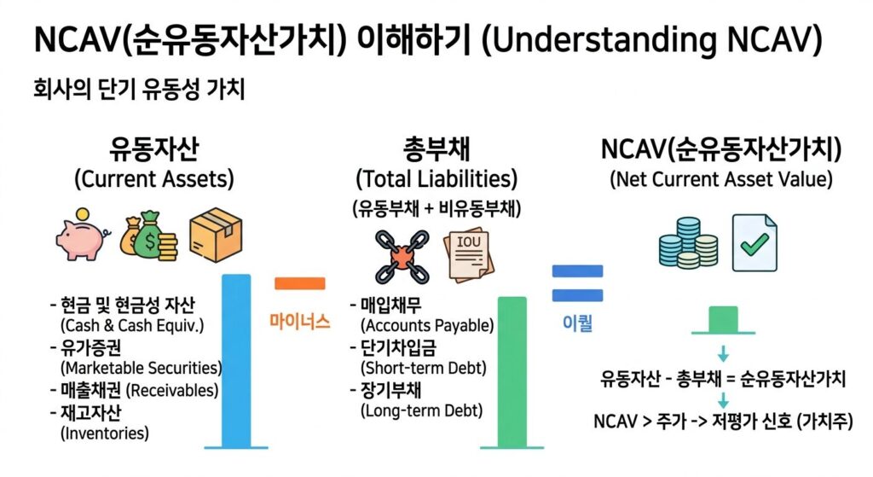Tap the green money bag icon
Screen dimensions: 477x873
pos(147,232)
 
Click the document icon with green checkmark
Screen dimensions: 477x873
pos(754,241)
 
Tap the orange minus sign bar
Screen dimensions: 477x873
pos(300,284)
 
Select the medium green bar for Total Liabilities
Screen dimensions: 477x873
pos(512,371)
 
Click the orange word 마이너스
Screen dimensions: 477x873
pos(299,322)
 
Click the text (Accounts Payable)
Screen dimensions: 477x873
pos(427,325)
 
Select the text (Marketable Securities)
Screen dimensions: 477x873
pos(141,368)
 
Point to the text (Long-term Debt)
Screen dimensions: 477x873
pos(421,410)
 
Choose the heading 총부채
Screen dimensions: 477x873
pos(436,150)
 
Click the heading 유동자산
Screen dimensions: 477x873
pos(154,150)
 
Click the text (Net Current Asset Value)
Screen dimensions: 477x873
pos(721,180)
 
